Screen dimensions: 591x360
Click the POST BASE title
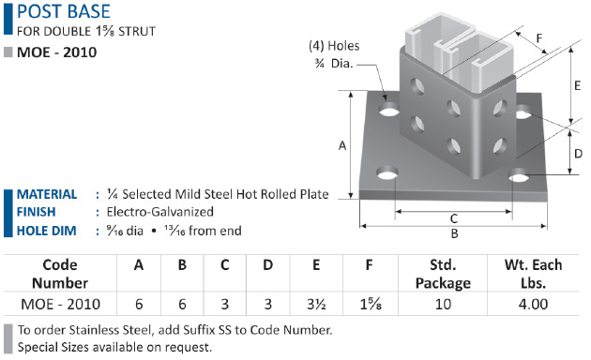(x=64, y=11)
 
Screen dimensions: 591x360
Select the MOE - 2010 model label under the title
(x=57, y=52)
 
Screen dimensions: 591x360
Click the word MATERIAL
(x=47, y=194)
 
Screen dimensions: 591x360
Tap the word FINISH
(x=37, y=212)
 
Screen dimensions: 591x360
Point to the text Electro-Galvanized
(x=160, y=212)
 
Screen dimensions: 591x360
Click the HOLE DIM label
(x=46, y=231)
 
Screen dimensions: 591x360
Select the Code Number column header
(x=60, y=274)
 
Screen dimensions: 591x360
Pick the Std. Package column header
(x=443, y=274)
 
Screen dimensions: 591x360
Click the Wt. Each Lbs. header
(x=534, y=274)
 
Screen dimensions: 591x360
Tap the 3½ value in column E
(x=316, y=305)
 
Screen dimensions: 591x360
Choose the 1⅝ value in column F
(x=371, y=305)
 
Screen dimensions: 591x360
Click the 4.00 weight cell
(x=534, y=305)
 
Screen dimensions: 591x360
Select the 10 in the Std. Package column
(x=443, y=305)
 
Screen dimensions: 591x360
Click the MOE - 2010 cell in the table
(x=61, y=305)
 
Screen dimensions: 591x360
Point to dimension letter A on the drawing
(x=342, y=145)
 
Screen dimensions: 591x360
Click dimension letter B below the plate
(x=455, y=233)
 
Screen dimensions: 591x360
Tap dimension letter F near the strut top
(x=539, y=38)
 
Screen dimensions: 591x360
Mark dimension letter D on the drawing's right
(x=578, y=154)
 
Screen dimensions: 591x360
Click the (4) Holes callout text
(x=334, y=46)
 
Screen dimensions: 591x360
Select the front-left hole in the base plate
(x=387, y=173)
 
